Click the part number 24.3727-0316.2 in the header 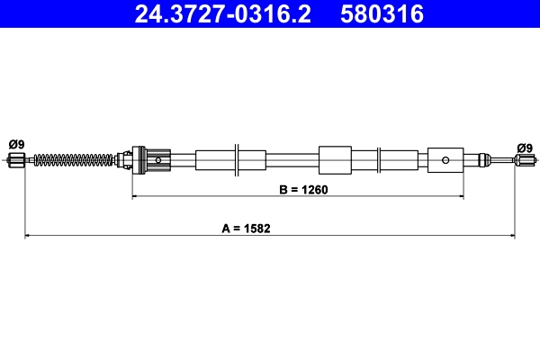point(222,13)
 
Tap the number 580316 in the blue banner point(382,13)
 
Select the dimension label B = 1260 point(303,190)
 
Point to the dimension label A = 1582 point(246,229)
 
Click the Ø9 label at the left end point(16,144)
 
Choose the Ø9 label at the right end point(525,148)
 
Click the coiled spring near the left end point(74,160)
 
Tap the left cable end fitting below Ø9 point(16,160)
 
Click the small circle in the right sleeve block point(445,160)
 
